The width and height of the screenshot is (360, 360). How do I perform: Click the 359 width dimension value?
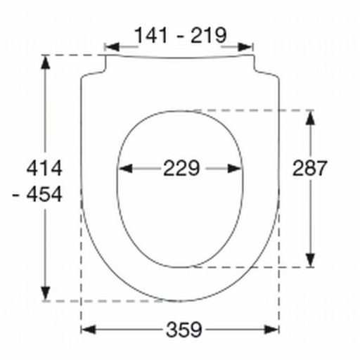184,329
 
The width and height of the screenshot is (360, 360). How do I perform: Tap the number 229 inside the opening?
181,168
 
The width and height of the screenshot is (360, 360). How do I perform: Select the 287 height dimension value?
309,168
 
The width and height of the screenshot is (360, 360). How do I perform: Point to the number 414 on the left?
44,168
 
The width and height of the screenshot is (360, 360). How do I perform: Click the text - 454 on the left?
39,194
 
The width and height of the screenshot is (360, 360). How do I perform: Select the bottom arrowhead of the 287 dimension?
309,261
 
